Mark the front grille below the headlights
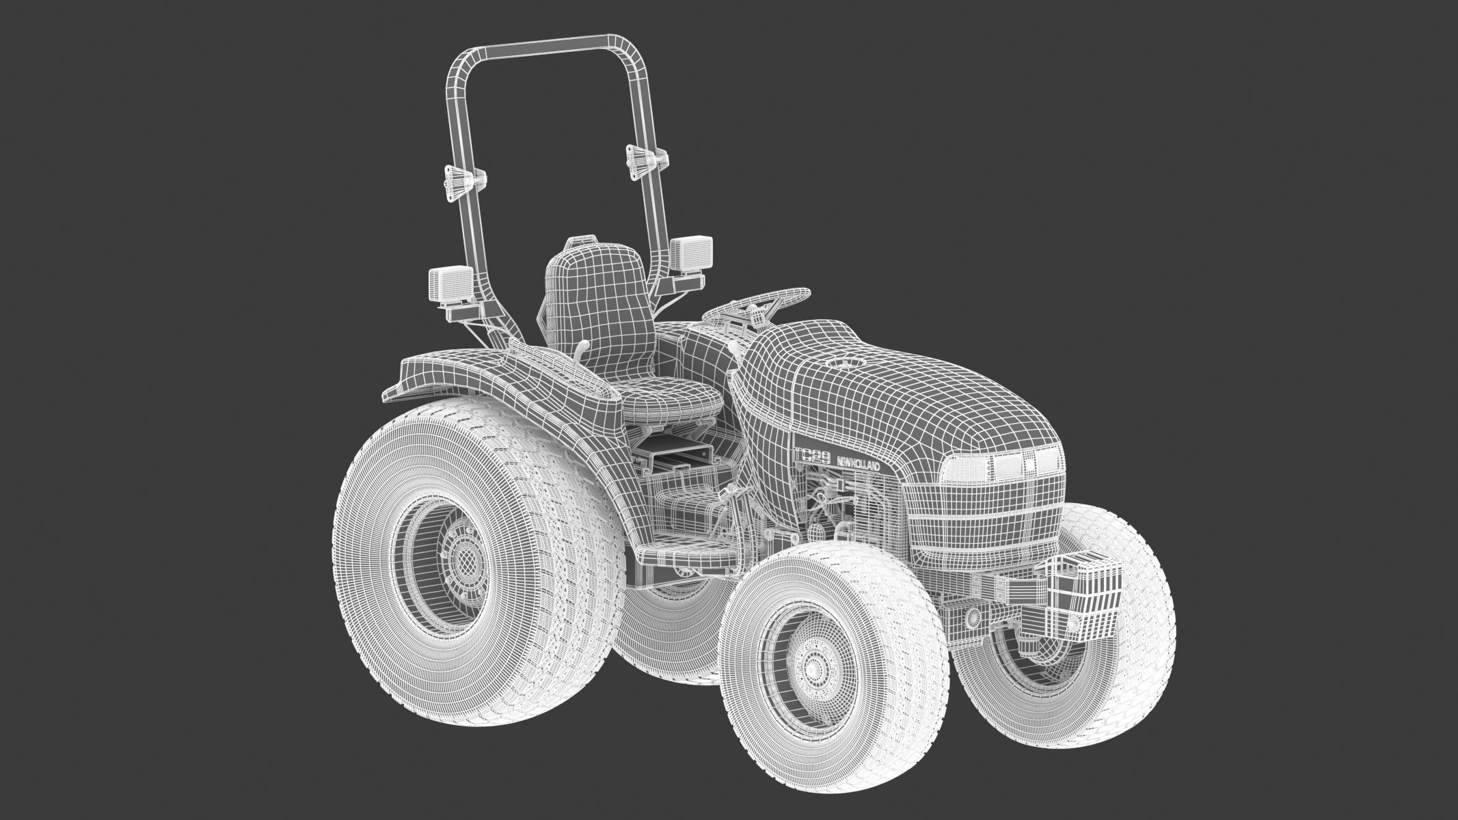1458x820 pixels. (x=984, y=526)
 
